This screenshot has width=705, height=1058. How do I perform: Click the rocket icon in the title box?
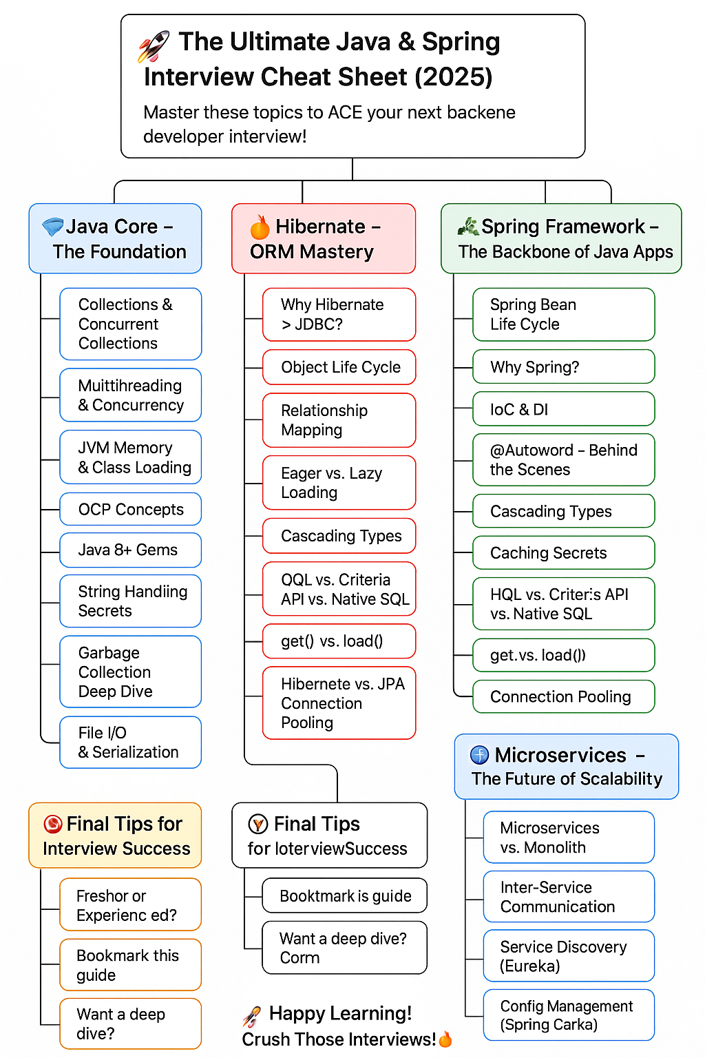coord(153,47)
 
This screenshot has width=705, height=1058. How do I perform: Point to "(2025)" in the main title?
coord(453,76)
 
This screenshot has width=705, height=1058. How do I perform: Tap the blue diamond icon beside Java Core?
coord(52,227)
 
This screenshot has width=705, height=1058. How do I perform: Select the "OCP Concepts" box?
coord(131,510)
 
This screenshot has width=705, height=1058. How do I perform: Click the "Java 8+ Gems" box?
coord(131,550)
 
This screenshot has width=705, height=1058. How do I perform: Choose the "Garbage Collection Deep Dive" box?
coord(131,672)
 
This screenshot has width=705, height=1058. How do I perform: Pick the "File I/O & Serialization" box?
coord(131,742)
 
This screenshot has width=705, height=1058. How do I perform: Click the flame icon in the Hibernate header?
coord(260,227)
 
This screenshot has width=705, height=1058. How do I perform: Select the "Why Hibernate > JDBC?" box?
coord(339,314)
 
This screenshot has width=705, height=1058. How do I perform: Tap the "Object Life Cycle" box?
coord(339,367)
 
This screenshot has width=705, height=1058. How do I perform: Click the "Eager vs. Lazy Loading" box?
coord(339,482)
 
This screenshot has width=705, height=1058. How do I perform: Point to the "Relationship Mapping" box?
coord(339,420)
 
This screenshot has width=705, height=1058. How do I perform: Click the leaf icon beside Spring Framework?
coord(468,226)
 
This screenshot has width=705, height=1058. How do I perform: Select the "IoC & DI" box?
coord(563,409)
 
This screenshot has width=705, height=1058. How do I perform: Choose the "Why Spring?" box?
coord(563,367)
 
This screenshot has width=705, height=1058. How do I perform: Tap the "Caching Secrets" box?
coord(563,552)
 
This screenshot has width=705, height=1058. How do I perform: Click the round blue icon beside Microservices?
coord(479,755)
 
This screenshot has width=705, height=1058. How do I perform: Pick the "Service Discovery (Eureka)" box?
coord(569,956)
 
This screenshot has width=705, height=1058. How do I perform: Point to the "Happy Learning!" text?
coord(340,1013)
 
